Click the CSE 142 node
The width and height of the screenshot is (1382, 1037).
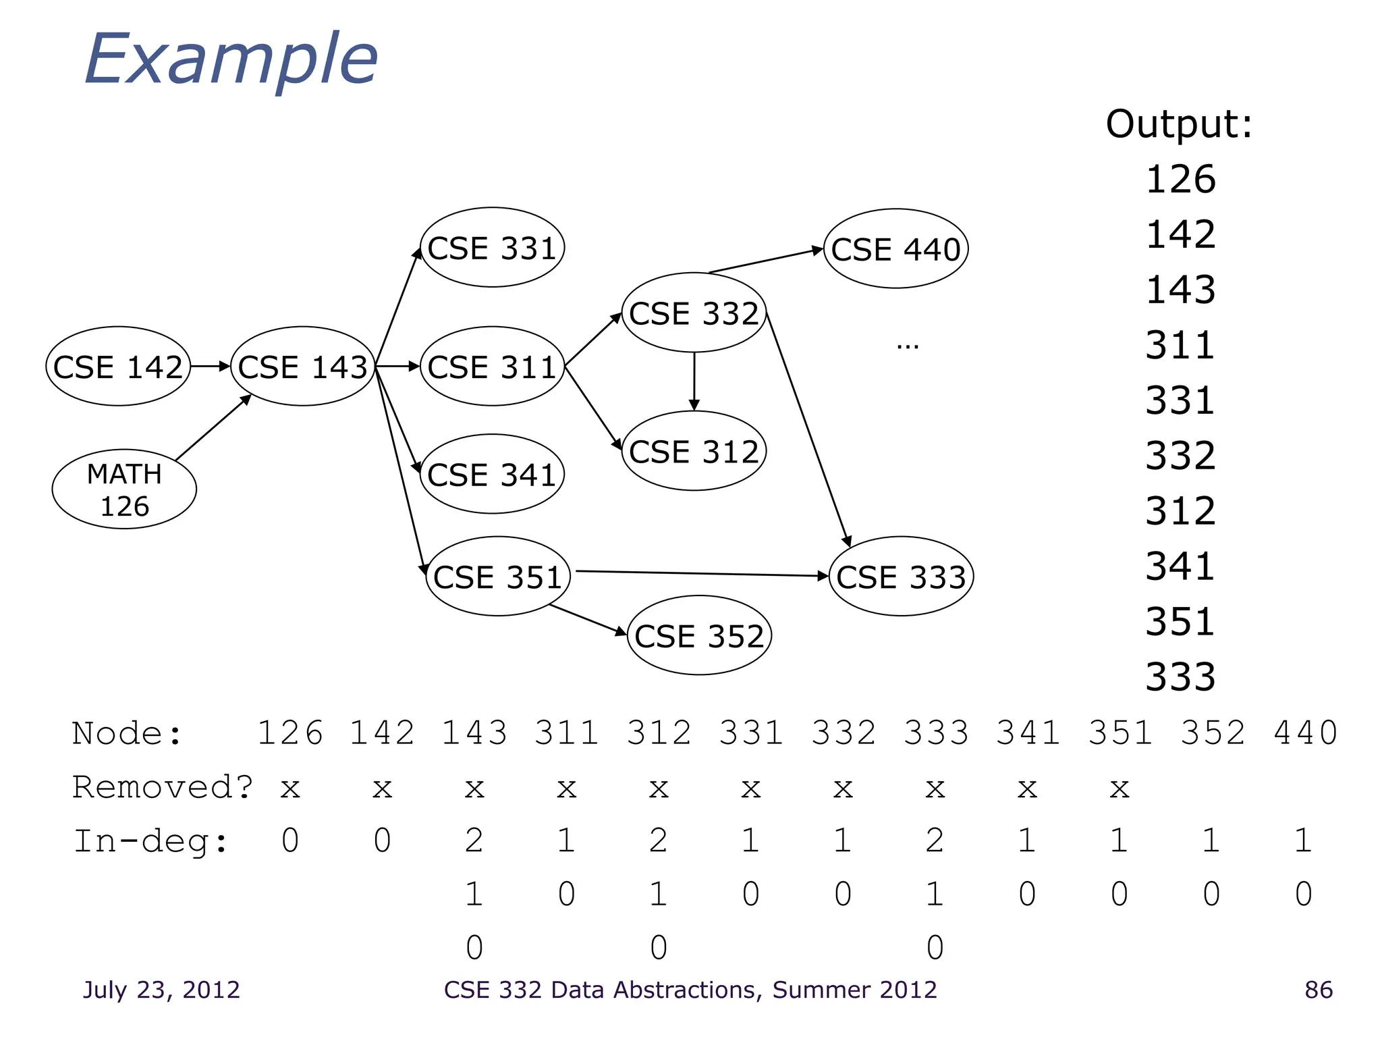click(118, 367)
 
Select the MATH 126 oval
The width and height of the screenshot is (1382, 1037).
click(124, 489)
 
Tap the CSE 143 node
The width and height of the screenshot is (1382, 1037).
click(302, 367)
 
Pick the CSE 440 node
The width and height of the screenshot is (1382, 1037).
click(895, 249)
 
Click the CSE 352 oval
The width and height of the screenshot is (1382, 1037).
click(699, 636)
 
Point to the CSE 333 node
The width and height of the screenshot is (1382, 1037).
click(901, 577)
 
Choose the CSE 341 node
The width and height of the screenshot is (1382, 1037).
click(492, 475)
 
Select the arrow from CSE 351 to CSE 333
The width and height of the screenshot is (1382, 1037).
click(702, 574)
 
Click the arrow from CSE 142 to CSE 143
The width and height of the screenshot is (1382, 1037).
click(210, 367)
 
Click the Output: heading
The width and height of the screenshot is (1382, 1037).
click(1179, 124)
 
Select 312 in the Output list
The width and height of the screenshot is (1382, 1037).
click(1180, 511)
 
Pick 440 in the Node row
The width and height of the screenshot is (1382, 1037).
click(1305, 733)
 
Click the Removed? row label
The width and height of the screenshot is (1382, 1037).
click(162, 787)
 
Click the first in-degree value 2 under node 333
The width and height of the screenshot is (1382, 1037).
click(935, 841)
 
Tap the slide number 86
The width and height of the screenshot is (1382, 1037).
click(1319, 990)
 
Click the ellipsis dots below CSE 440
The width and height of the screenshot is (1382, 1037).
click(908, 347)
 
